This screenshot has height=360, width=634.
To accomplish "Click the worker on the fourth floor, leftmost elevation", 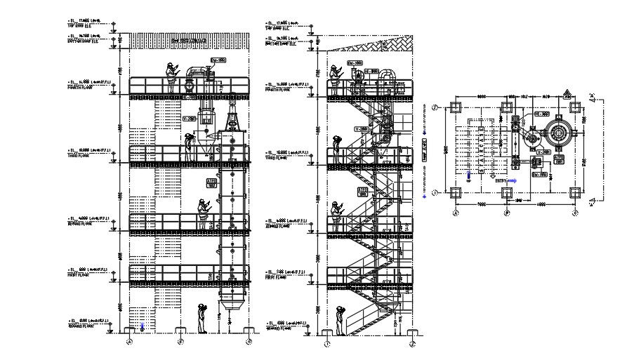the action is tap(171, 77).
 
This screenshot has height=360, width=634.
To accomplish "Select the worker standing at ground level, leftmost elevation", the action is tap(202, 318).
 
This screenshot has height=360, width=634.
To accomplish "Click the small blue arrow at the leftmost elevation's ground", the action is tap(143, 325).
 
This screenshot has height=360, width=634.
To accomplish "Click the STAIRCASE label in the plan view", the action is tap(423, 151).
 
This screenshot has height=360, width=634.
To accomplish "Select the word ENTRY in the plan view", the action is tap(501, 180).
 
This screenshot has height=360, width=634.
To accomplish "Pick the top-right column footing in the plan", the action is tap(575, 107).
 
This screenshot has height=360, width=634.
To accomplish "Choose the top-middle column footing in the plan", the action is tap(505, 107).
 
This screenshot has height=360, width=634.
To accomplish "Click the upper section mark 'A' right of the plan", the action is tap(593, 96).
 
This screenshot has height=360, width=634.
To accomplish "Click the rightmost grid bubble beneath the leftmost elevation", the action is tap(249, 342).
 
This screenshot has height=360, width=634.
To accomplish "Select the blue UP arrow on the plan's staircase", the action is tap(468, 175).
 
